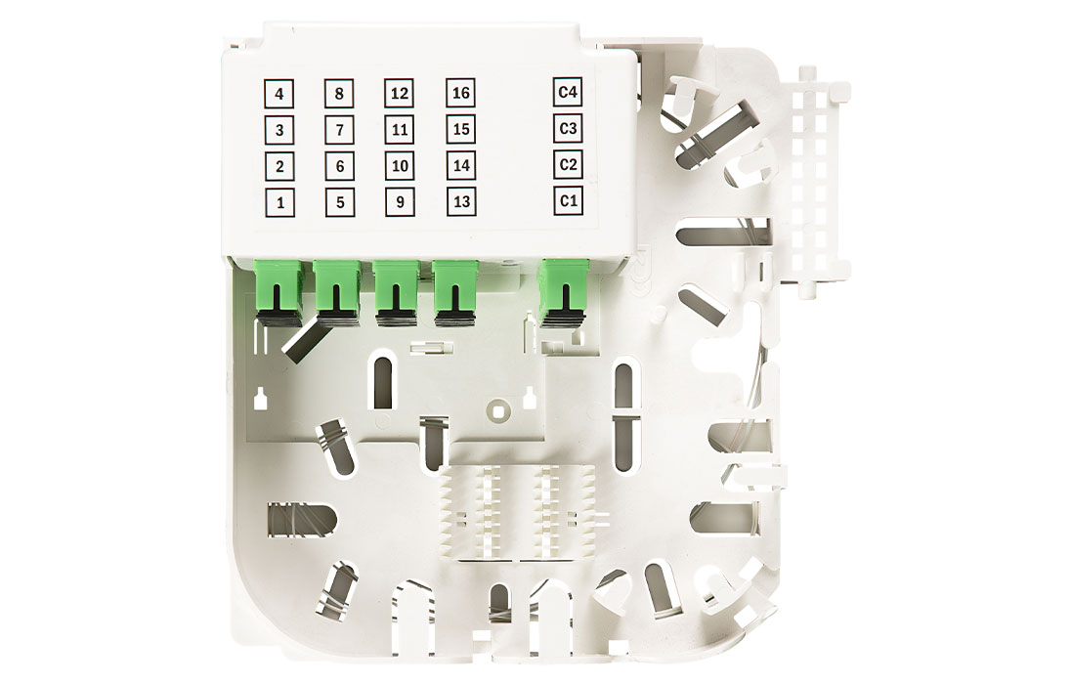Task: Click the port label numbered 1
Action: pos(279,203)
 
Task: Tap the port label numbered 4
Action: pos(278,94)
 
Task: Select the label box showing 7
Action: pos(339,130)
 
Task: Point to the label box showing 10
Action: pos(400,166)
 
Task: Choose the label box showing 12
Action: pos(400,93)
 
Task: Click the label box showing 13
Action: pos(462,201)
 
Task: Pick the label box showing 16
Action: pos(461,92)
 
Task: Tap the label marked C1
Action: pos(569,201)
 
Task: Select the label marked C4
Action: pos(568,92)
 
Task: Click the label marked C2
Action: pos(569,165)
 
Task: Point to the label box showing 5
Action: pos(340,203)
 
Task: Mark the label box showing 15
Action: pos(461,129)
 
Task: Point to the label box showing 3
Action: pos(278,130)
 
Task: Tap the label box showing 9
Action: pos(401,202)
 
